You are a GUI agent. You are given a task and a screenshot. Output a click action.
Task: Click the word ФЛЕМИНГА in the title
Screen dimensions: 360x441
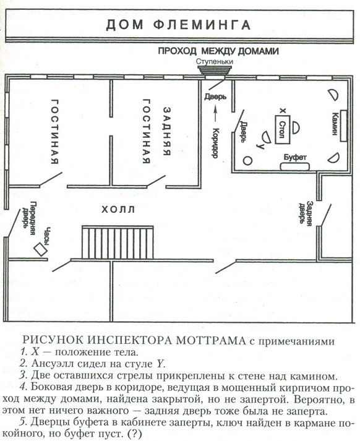tap(202, 25)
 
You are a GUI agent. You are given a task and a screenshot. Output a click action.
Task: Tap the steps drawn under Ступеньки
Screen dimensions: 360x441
tap(215, 70)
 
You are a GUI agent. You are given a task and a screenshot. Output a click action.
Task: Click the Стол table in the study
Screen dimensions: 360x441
tap(283, 130)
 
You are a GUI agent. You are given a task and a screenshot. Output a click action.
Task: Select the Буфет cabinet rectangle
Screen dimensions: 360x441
tap(294, 166)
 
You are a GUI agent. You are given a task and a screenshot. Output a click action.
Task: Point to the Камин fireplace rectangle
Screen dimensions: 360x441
tap(343, 126)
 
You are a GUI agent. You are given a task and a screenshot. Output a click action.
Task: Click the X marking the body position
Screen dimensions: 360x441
tap(283, 111)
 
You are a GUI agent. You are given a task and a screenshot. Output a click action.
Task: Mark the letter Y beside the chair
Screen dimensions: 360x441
tap(260, 146)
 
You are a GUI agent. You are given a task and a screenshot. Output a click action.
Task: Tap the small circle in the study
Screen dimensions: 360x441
tap(247, 161)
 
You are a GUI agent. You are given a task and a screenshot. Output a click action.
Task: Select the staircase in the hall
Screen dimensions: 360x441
tap(118, 242)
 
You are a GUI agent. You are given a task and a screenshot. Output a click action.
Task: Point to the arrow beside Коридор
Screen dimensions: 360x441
tap(216, 113)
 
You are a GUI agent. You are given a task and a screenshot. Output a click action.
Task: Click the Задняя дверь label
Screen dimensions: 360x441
tap(306, 213)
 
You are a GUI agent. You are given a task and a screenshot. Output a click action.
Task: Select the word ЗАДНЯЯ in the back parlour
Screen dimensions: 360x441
tap(167, 131)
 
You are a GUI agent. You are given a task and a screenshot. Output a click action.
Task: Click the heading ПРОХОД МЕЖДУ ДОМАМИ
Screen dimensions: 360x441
tap(218, 51)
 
